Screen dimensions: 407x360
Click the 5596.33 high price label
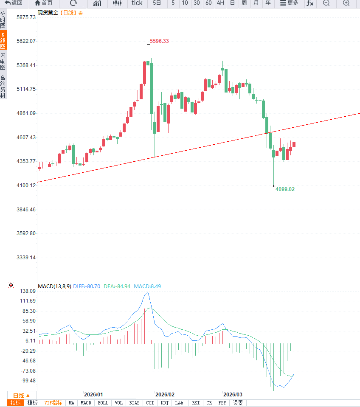[159, 41]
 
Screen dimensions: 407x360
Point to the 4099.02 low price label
[285, 189]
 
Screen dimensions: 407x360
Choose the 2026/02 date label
[165, 394]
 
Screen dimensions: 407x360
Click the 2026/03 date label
[233, 394]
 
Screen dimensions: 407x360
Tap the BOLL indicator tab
[103, 403]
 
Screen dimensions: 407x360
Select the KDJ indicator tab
[165, 403]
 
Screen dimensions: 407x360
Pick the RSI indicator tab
[196, 403]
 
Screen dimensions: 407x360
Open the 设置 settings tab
[238, 403]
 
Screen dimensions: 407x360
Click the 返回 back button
[14, 3]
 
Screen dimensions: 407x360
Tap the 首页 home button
[44, 3]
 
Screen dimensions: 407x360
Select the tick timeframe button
[137, 3]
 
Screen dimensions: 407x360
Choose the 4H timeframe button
[220, 3]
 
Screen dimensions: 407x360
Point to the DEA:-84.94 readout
[117, 286]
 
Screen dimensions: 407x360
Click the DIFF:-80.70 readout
[87, 286]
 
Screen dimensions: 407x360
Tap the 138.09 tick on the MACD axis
[27, 291]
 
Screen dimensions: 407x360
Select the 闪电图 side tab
[3, 62]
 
